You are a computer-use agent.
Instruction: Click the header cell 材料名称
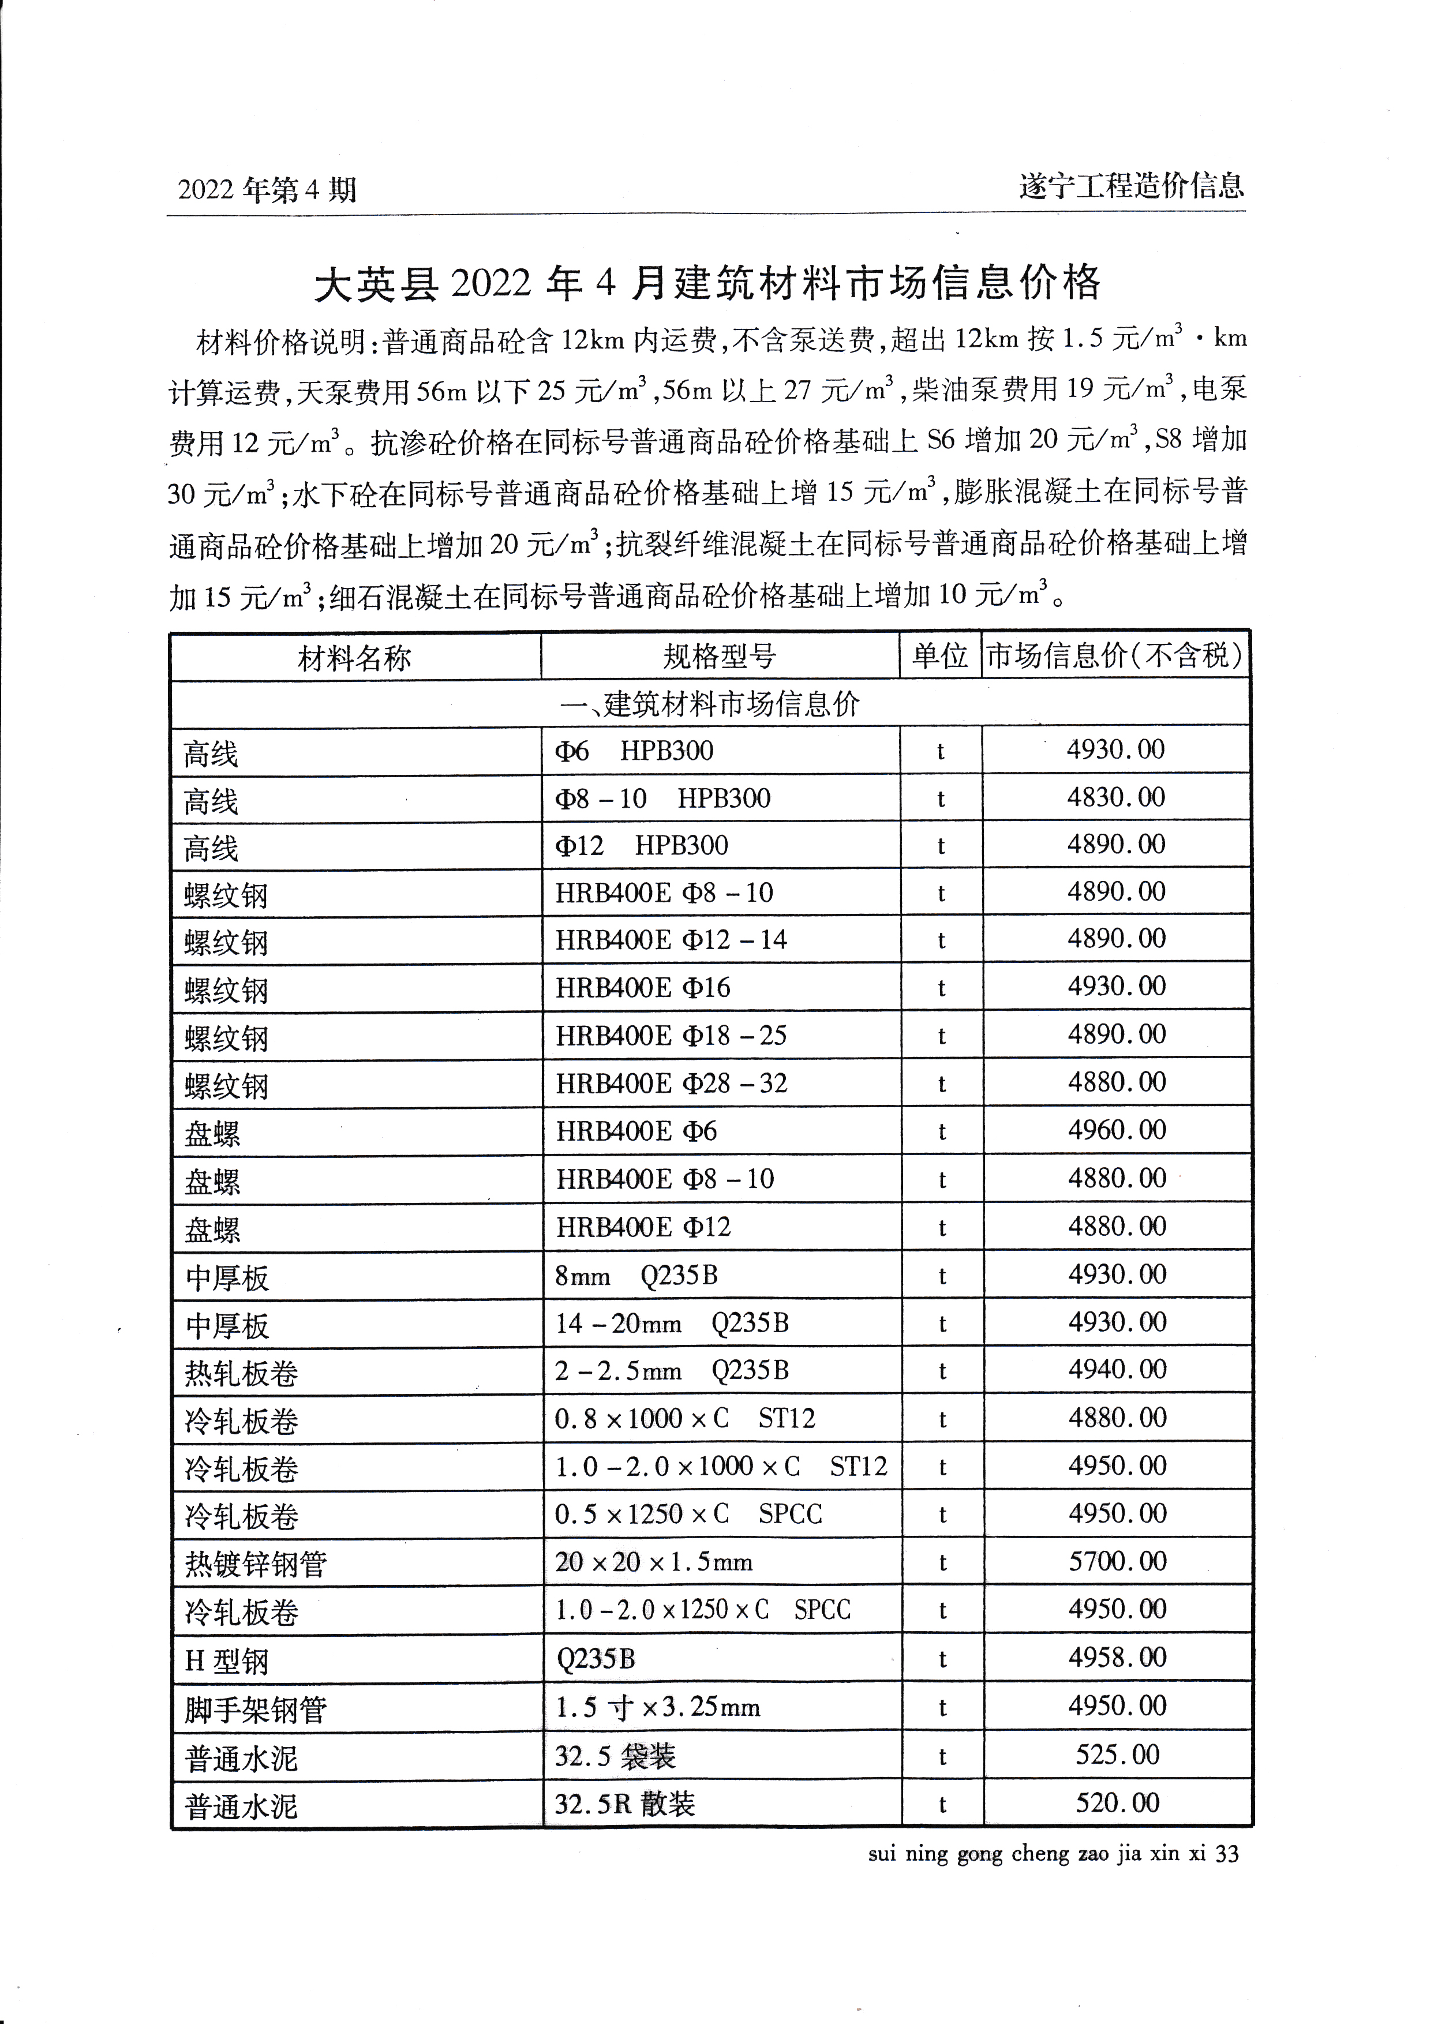(354, 658)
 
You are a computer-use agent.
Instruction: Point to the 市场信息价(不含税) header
(1115, 655)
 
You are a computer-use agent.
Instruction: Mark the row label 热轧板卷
(241, 1373)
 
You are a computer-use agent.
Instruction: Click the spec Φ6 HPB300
(634, 751)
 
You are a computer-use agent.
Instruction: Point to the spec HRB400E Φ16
(643, 987)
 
